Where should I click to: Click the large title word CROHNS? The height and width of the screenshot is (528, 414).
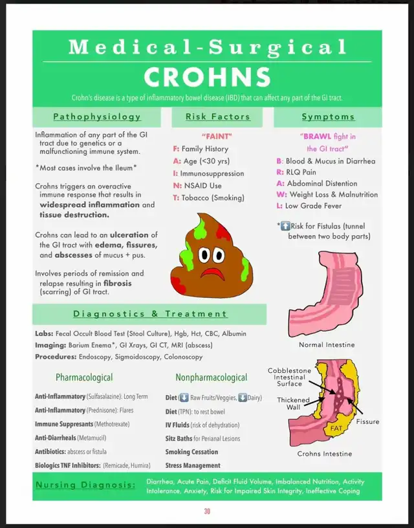(207, 77)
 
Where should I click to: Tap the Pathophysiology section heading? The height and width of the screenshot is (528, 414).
(97, 117)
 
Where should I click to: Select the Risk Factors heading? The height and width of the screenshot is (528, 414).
(217, 117)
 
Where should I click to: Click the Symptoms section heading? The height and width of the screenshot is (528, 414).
(328, 117)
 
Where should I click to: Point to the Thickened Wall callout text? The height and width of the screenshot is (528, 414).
(294, 404)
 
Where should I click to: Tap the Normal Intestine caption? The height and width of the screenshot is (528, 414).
(327, 344)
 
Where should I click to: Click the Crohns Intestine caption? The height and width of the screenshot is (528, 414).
(325, 454)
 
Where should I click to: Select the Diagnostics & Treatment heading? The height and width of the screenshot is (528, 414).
(150, 314)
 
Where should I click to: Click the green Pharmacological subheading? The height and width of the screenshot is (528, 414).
(84, 377)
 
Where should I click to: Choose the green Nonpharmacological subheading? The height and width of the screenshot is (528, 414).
(211, 377)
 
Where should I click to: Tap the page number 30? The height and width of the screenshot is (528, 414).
(207, 511)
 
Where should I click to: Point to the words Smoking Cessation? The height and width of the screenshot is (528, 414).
(191, 452)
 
